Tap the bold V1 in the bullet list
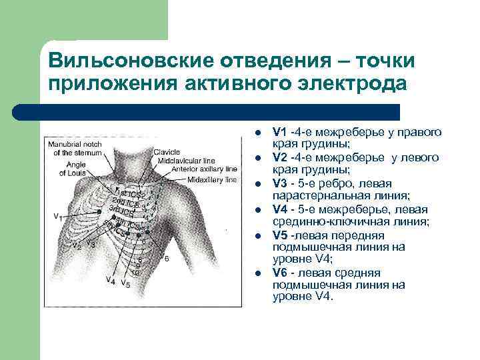pos(279,132)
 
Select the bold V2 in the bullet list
pos(279,158)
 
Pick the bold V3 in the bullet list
pos(279,184)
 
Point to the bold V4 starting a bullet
pos(279,210)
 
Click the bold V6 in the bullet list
pos(279,273)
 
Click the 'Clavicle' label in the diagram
pos(167,152)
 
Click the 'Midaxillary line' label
pos(212,179)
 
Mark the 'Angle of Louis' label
pos(74,169)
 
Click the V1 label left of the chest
pos(58,217)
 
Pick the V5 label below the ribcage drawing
pos(125,285)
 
